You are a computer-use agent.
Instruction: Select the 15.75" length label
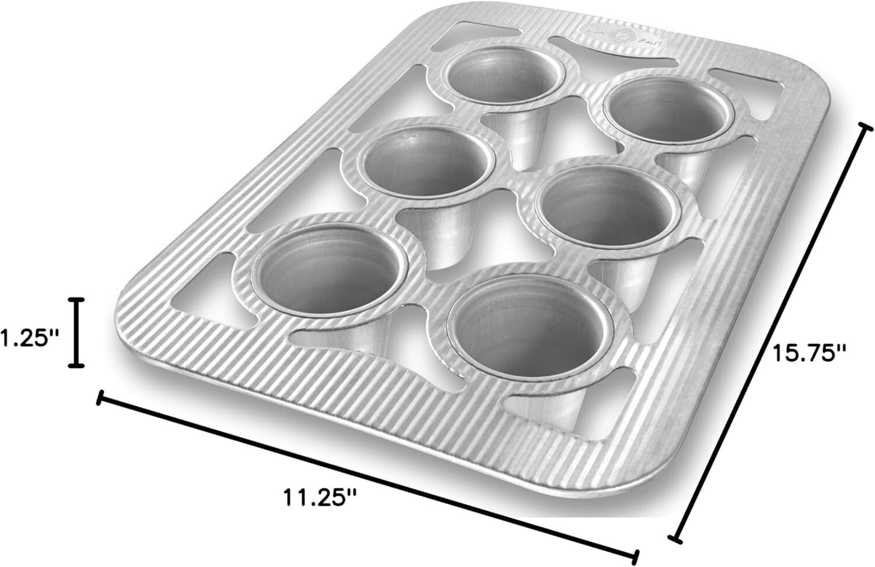[808, 352]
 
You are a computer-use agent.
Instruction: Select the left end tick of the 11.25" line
[100, 399]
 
